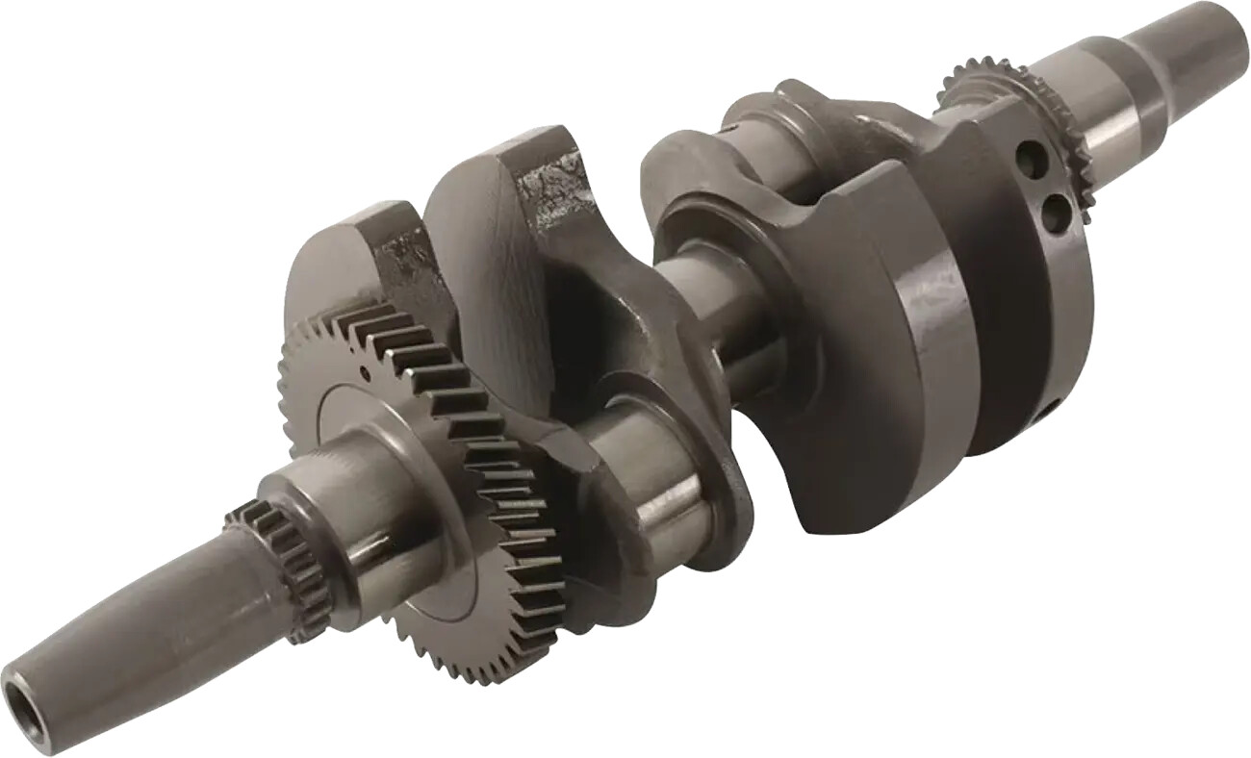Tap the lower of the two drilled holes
1055,213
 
